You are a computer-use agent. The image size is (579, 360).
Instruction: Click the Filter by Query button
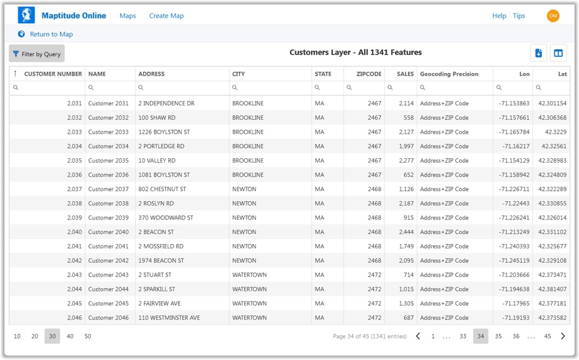tap(37, 54)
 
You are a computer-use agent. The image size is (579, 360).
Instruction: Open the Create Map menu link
tap(167, 16)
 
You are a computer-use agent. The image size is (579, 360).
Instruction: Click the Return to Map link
tap(51, 34)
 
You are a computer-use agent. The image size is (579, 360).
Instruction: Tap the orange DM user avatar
tap(553, 16)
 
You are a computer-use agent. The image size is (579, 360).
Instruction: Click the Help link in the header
tap(499, 16)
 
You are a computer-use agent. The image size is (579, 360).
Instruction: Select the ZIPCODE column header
tap(368, 74)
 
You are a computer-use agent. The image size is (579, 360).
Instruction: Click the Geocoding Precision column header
tap(449, 74)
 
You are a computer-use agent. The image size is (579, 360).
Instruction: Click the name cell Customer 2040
tap(108, 232)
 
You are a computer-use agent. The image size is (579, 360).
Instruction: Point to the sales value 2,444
tap(406, 232)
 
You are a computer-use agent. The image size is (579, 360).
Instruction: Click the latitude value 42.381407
tap(552, 289)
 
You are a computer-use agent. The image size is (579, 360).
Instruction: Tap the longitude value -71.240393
tap(514, 247)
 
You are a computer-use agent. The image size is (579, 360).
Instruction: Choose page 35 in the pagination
tap(498, 337)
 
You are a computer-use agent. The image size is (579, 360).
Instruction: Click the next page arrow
tap(563, 337)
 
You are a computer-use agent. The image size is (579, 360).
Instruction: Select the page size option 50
tap(88, 337)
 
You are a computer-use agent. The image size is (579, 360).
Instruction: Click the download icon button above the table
tap(539, 53)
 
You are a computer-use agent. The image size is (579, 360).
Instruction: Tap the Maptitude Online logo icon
tap(26, 15)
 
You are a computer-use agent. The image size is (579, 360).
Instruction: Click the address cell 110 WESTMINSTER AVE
tap(169, 318)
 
